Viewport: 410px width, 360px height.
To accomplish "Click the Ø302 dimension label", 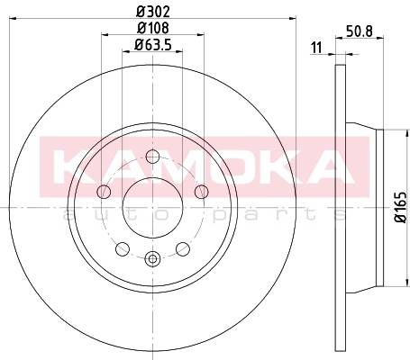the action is pos(153,12).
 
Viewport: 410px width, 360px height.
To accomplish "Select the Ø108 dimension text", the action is pos(153,28).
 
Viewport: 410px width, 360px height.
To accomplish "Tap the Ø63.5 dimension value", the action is pos(153,45).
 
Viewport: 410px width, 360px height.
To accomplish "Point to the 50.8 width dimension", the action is pos(360,31).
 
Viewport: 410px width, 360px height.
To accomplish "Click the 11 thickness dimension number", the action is pos(316,48).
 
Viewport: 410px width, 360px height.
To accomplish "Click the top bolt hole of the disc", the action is pos(152,157).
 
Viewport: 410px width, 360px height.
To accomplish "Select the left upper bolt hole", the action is pos(104,192).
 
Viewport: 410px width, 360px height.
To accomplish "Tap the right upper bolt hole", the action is pos(201,192).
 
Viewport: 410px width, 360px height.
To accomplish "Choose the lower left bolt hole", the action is pos(123,249).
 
